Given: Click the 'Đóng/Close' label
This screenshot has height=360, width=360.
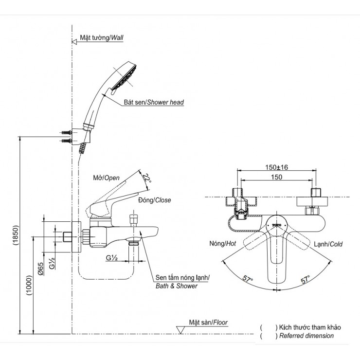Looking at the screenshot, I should pos(155,200).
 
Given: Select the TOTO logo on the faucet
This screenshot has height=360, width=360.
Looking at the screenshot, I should pos(276,225).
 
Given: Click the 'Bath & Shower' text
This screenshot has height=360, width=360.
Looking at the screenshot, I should pos(177,286).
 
